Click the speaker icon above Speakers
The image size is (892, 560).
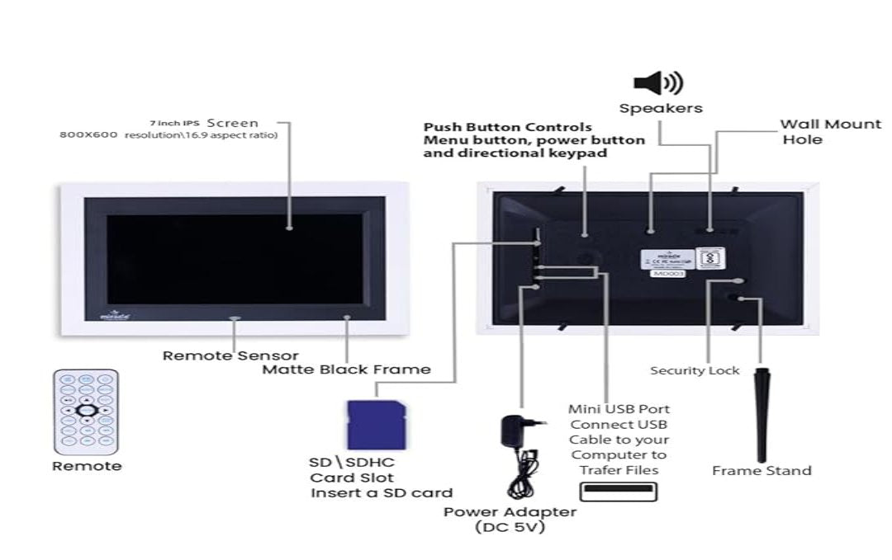pos(657,82)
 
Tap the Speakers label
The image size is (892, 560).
pos(661,108)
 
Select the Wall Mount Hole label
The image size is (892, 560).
pos(830,132)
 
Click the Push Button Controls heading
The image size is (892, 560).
pos(508,128)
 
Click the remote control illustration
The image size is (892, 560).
pos(86,412)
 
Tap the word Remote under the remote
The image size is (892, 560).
pos(87,466)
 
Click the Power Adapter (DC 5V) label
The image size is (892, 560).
pos(510,520)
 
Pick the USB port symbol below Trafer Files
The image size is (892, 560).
pos(618,492)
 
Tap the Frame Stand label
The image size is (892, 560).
pos(762,471)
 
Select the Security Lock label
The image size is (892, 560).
pos(695,370)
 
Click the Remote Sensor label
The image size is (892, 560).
pos(230,355)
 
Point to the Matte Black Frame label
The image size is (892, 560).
pos(346,369)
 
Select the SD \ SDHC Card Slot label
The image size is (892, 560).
pos(352,470)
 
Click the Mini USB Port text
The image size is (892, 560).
pos(619,409)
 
